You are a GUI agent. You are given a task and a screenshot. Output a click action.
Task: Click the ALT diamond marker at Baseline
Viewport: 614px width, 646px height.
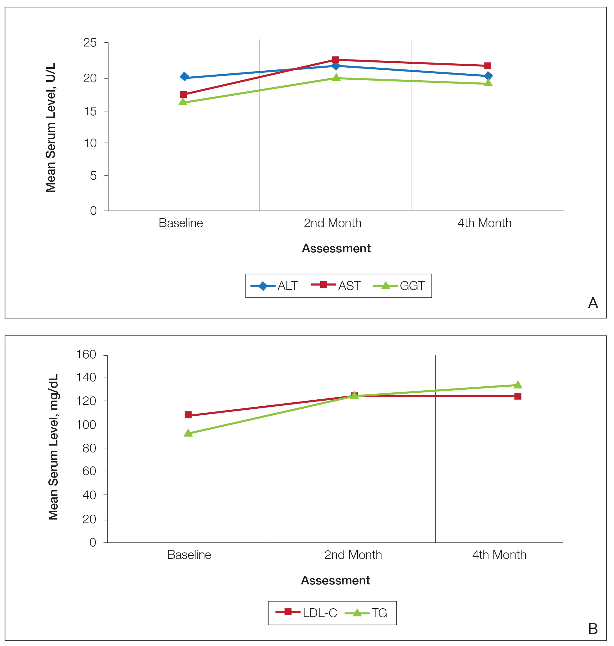tap(184, 77)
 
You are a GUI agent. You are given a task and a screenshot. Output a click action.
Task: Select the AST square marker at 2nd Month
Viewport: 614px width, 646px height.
tap(335, 60)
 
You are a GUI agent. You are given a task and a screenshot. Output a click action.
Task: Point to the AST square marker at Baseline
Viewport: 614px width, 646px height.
tap(183, 95)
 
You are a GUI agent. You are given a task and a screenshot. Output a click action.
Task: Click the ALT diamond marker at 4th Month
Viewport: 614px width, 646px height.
tap(488, 76)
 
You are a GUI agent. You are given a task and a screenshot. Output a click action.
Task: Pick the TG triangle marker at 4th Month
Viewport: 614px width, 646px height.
tap(518, 385)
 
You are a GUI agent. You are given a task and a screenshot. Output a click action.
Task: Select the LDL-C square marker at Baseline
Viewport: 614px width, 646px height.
tap(188, 415)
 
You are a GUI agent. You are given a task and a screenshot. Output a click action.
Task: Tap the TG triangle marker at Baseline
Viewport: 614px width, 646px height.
tap(188, 433)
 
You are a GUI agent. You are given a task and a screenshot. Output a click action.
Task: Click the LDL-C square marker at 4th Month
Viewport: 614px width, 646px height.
tap(518, 396)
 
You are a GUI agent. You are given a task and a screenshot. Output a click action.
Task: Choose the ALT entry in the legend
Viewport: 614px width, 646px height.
tap(274, 286)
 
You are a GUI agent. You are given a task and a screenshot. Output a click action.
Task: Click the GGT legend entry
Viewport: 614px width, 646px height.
tap(399, 286)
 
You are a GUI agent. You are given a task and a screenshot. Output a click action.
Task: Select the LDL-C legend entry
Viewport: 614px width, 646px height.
tap(306, 613)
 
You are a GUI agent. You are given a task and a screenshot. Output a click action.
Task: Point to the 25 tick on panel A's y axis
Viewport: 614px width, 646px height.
tap(90, 43)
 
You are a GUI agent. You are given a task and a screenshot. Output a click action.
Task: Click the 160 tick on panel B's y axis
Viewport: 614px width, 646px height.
tap(86, 355)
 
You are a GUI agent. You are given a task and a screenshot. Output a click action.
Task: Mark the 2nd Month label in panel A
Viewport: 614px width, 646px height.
tap(332, 223)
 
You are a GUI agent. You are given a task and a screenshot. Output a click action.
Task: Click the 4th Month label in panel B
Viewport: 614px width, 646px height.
tap(499, 555)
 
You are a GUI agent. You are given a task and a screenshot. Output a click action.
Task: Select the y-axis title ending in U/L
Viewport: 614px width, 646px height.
tap(51, 127)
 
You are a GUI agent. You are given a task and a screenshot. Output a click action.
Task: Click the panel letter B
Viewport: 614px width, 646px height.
tap(593, 629)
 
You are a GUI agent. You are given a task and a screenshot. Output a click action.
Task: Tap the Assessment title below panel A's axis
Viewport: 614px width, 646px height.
tap(336, 248)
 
